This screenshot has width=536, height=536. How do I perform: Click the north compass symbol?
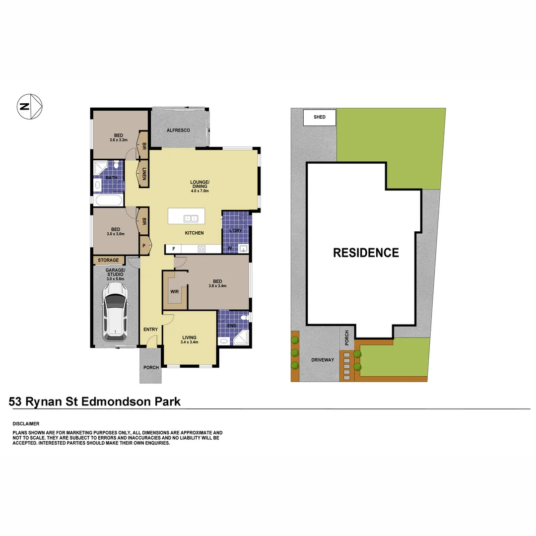30,106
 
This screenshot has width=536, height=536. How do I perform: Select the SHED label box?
320,117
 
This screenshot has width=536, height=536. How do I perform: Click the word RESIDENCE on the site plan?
366,253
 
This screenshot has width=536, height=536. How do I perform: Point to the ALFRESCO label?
178,130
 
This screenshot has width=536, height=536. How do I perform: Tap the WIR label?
174,292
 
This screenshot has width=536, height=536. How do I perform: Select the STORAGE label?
108,260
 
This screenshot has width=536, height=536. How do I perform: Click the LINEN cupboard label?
144,173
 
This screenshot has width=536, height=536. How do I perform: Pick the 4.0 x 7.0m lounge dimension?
200,191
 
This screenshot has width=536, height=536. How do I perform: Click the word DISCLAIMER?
26,424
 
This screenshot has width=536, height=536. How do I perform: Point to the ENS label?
231,326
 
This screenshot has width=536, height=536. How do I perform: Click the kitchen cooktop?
202,249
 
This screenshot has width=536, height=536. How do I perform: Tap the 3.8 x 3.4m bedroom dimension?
217,286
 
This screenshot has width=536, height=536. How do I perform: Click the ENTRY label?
150,330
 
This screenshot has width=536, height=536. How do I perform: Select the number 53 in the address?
16,402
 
